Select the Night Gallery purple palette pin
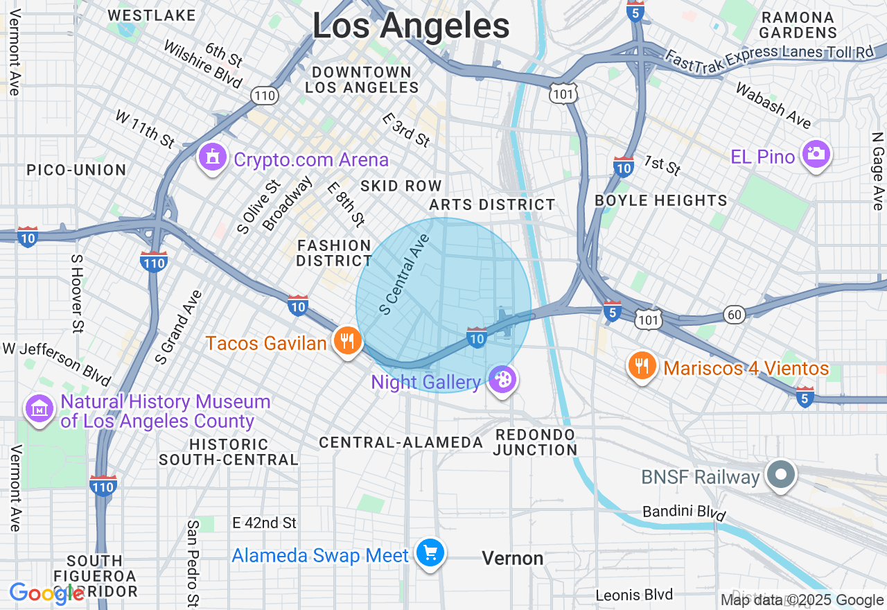502,380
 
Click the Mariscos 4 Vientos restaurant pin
642,366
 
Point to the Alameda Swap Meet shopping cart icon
430,553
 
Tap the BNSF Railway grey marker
782,476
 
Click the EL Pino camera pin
816,155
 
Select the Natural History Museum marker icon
39,409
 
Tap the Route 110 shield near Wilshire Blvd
265,96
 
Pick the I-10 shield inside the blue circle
477,337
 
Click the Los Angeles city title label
411,26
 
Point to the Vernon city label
512,558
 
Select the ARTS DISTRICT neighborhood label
492,204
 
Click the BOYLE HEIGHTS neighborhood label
661,200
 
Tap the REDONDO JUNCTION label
536,442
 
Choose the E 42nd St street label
264,523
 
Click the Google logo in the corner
46,593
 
